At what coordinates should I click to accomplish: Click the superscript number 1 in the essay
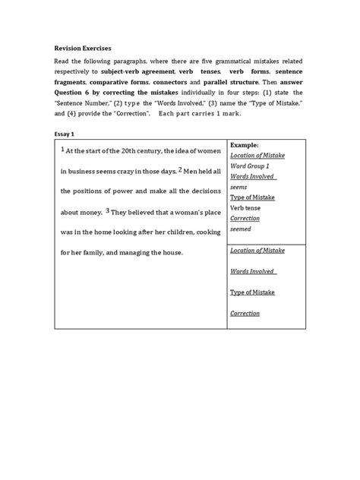point(63,149)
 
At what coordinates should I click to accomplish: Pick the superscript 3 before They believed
point(109,210)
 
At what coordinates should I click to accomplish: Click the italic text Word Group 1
point(251,164)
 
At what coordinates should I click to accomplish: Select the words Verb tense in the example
point(247,206)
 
